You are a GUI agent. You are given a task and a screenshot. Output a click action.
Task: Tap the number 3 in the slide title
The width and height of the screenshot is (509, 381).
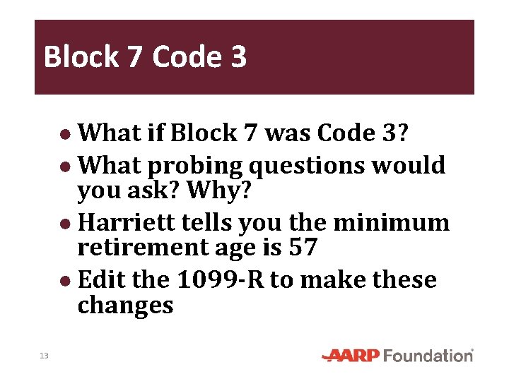[x=238, y=56]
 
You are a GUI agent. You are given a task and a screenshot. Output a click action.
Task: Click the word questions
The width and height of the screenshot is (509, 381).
[x=306, y=166]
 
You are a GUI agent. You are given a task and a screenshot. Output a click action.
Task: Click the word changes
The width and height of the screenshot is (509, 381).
[x=125, y=305]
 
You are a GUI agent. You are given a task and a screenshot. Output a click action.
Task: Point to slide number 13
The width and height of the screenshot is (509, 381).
[x=44, y=356]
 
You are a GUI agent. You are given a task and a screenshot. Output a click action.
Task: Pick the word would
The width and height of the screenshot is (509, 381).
[x=409, y=166]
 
